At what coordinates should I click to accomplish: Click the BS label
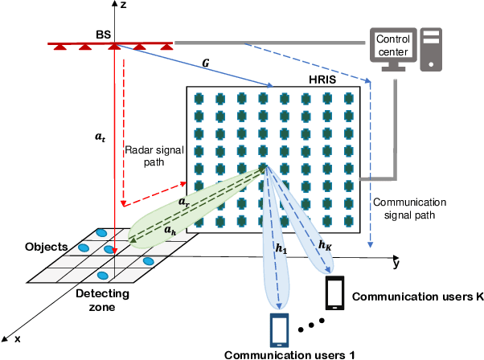(105, 36)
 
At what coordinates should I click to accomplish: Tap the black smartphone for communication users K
(336, 293)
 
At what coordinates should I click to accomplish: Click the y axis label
(396, 263)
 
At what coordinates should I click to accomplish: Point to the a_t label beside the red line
(99, 138)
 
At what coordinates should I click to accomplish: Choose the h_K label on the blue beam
(326, 244)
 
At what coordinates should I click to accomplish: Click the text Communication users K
(416, 297)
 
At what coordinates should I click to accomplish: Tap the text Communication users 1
(288, 354)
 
